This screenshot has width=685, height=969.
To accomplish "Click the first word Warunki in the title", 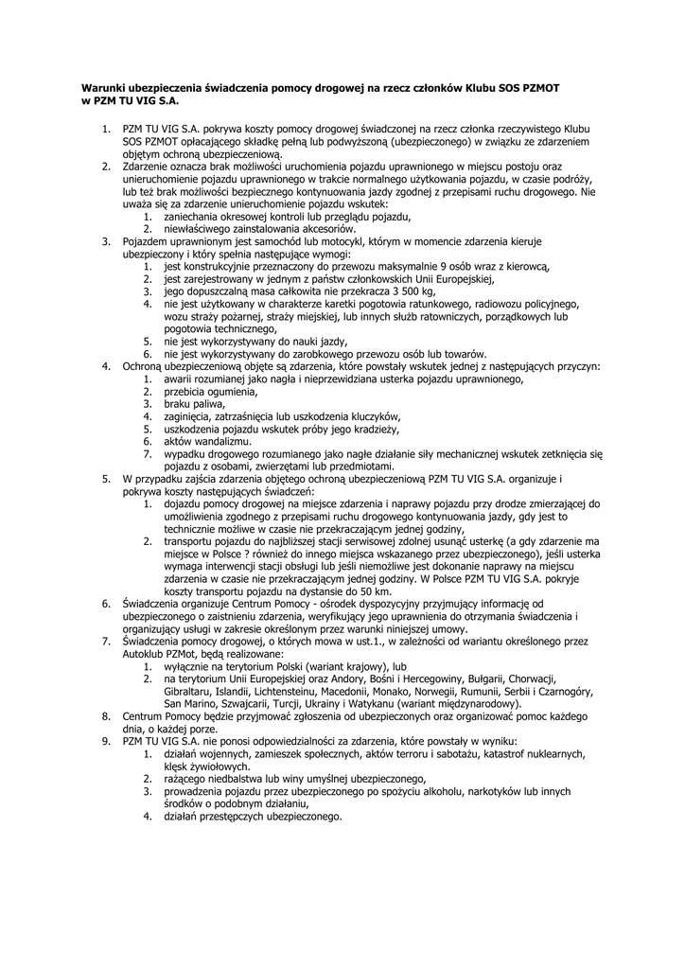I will pyautogui.click(x=105, y=86).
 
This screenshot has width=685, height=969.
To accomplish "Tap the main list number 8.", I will pyautogui.click(x=106, y=716).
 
